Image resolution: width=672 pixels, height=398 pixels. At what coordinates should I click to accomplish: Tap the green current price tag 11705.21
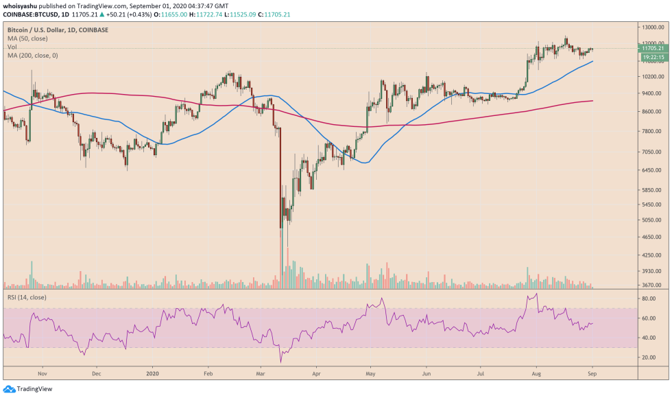tap(651, 48)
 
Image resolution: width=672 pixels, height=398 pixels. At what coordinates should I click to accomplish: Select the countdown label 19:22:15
tap(651, 57)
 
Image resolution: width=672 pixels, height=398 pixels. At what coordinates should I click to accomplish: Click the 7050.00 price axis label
tap(651, 151)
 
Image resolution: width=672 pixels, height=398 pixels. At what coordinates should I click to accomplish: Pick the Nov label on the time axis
tap(42, 374)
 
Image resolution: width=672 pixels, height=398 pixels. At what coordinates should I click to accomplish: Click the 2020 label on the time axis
tap(153, 374)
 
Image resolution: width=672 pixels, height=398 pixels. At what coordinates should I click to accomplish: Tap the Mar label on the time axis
tap(261, 374)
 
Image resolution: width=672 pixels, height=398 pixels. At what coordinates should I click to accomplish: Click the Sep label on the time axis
tap(590, 374)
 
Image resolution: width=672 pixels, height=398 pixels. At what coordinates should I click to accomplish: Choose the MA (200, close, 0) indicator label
tap(32, 55)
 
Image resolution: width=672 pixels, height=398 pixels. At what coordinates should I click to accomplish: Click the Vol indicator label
tap(12, 47)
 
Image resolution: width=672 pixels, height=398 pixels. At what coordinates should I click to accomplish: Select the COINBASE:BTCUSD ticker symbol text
tap(28, 14)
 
